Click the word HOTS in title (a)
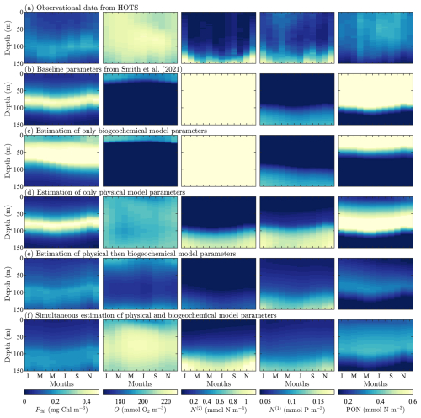click(128, 8)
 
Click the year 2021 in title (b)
click(173, 69)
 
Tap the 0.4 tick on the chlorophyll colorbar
click(86, 401)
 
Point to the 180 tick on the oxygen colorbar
click(120, 401)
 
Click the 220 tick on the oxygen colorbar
click(166, 401)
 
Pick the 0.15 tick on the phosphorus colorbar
click(318, 401)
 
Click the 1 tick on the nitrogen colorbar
click(246, 401)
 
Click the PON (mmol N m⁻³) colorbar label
click(376, 410)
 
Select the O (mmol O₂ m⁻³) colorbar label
click(140, 410)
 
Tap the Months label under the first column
click(61, 383)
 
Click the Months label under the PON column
click(376, 383)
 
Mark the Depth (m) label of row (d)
click(8, 222)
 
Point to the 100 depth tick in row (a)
click(19, 46)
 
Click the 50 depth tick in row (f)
click(20, 337)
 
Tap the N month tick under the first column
click(89, 376)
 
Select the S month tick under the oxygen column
click(156, 376)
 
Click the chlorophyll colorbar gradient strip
click(61, 392)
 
